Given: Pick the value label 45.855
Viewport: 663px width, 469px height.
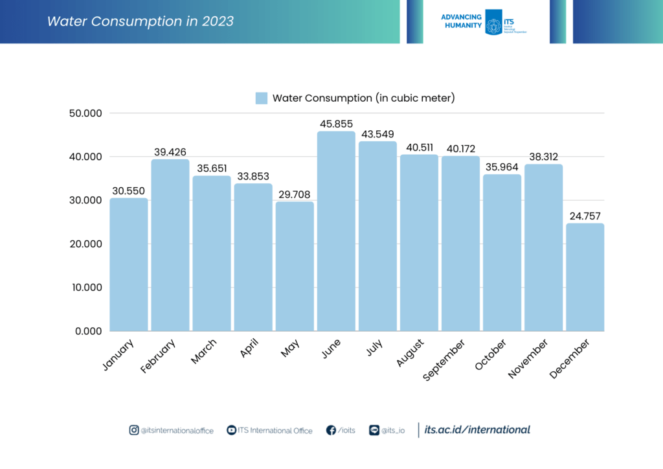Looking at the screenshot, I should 336,124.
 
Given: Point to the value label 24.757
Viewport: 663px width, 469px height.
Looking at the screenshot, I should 585,216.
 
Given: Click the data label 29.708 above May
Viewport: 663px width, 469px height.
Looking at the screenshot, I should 295,194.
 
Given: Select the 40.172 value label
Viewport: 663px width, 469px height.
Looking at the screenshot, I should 460,148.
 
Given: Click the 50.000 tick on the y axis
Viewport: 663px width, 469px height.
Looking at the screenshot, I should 85,113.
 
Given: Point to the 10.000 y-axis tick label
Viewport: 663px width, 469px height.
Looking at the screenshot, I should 85,288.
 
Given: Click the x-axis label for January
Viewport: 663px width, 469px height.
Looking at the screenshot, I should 118,354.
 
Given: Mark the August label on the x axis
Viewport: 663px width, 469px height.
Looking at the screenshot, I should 410,352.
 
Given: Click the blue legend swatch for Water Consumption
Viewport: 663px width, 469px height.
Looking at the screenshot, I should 261,98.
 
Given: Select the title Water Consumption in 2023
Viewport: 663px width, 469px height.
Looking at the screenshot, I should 140,21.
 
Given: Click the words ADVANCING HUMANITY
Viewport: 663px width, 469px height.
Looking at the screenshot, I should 460,21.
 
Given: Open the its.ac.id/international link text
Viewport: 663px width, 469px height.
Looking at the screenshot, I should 477,429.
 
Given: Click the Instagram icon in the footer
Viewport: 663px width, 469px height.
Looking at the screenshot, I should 134,430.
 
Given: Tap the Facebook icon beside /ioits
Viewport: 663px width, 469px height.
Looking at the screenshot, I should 331,430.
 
